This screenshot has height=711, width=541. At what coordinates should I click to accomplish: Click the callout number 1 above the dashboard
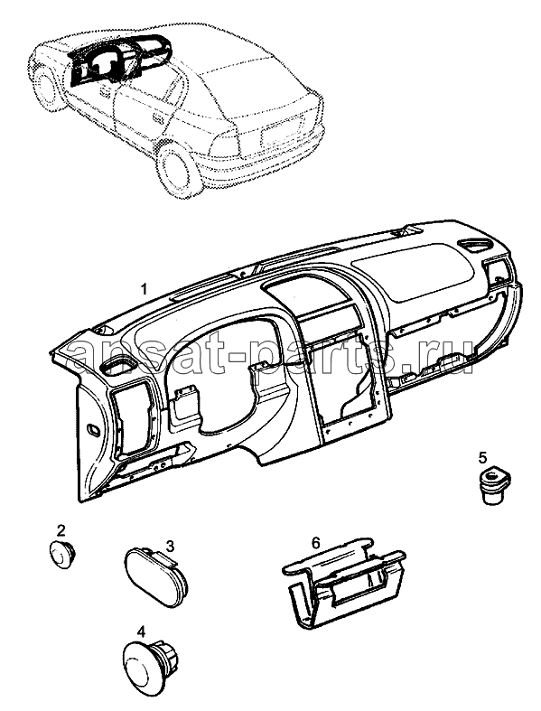145,289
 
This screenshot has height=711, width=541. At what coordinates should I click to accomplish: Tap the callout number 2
61,529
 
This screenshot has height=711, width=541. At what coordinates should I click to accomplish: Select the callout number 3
170,546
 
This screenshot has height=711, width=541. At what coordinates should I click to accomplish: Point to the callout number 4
142,631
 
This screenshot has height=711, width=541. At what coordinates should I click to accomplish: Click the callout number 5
482,457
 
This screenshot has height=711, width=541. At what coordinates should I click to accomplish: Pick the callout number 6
316,542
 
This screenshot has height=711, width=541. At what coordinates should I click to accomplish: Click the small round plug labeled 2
62,554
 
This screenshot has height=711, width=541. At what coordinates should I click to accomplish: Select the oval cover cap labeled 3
154,577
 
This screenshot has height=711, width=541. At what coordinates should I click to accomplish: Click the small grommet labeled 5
495,485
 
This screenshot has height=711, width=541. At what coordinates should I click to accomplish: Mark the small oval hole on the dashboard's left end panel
94,429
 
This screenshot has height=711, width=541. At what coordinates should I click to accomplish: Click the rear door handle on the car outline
158,119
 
